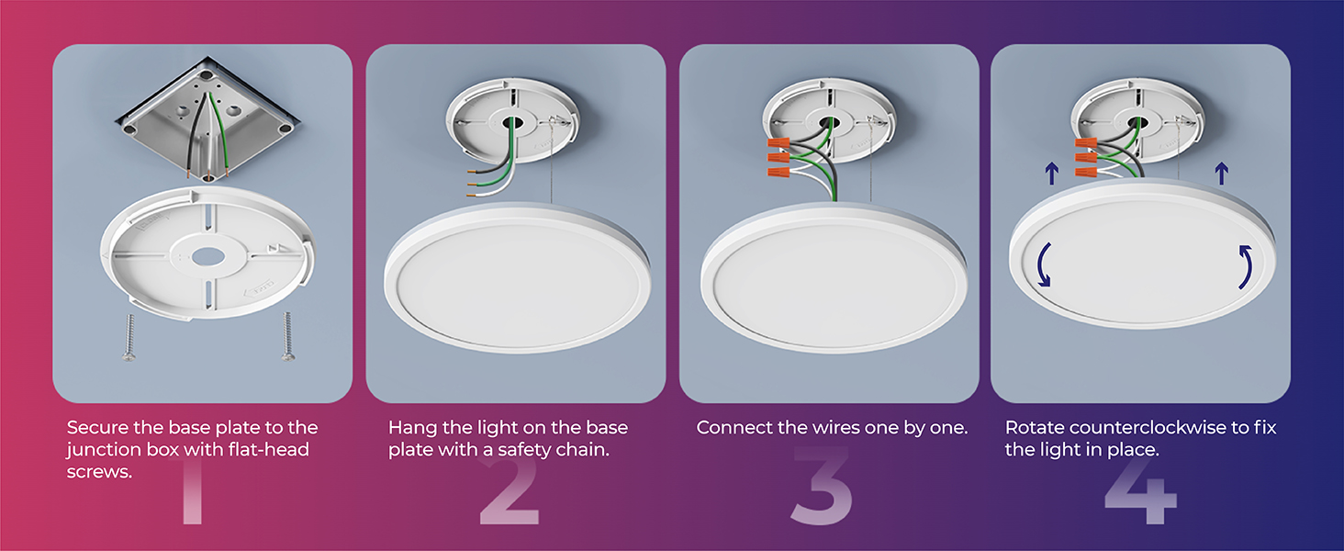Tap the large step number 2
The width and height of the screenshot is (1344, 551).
tap(510, 492)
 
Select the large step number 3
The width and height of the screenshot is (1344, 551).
tap(821, 486)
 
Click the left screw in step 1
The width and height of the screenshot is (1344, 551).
tap(129, 337)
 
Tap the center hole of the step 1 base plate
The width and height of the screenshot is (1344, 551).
tap(208, 257)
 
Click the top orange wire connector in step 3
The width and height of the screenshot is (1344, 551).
tap(778, 143)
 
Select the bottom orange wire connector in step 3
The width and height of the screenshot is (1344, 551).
tap(778, 173)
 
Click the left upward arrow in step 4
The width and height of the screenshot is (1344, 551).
tap(1051, 174)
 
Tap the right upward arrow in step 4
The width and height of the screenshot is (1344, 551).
tap(1222, 174)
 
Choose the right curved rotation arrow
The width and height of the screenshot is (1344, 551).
tap(1249, 266)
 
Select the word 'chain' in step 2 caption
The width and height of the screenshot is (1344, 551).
tap(584, 450)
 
